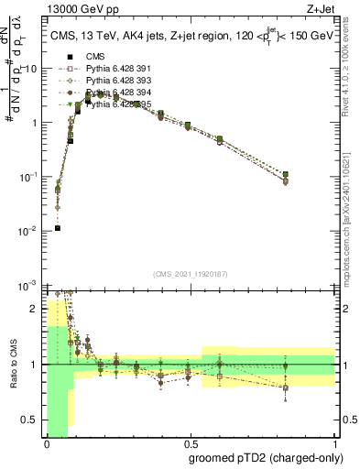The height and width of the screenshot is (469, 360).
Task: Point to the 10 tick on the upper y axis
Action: (31, 68)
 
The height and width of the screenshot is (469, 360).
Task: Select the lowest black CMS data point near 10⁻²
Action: (57, 228)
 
